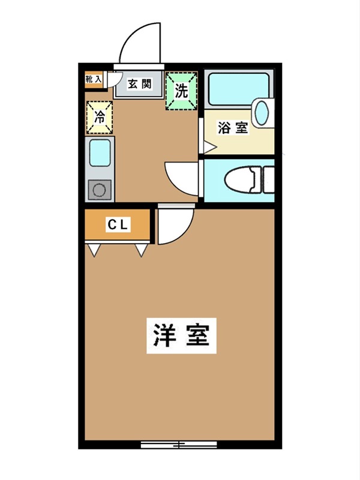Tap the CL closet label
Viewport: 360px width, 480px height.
coord(118,225)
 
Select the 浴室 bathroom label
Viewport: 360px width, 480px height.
coord(233,128)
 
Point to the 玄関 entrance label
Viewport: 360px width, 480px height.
coord(139,85)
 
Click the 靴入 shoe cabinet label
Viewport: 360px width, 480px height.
coord(94,79)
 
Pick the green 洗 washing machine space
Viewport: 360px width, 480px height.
coord(181,91)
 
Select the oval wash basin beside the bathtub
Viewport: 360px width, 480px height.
coord(262,113)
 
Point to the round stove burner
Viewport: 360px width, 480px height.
coord(100,191)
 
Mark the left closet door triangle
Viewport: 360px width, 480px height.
coord(94,249)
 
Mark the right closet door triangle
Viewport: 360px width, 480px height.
coord(142,249)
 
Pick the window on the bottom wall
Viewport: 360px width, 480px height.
coord(179,445)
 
